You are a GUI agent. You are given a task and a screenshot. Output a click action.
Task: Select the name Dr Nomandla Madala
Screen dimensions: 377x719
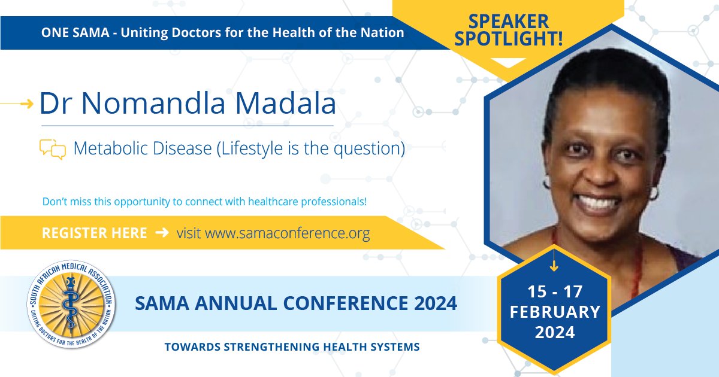tap(187, 104)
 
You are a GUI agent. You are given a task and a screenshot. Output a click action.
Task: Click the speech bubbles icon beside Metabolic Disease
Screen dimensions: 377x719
tap(52, 148)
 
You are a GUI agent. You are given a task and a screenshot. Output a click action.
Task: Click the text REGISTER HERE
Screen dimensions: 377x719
tap(94, 233)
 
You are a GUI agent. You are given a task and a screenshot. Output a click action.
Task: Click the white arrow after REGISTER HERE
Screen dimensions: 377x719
tap(162, 233)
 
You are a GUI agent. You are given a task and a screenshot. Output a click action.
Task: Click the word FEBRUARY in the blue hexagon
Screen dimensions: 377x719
tap(554, 312)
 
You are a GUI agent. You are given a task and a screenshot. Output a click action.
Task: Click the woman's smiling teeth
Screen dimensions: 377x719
tap(597, 203)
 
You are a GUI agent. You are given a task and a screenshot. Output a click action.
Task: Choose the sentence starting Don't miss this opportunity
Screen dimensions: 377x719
tap(204, 202)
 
